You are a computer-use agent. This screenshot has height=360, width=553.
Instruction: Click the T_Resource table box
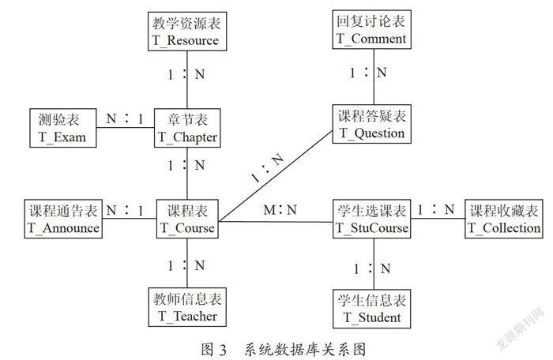click(187, 32)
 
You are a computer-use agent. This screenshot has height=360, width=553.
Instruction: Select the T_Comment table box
click(372, 30)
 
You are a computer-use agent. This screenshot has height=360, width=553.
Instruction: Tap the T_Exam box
click(62, 128)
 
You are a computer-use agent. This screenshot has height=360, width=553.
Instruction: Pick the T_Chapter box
click(187, 128)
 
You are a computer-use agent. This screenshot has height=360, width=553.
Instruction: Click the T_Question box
click(372, 124)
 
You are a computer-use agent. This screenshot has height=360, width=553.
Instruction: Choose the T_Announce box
click(63, 219)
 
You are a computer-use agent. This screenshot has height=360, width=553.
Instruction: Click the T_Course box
click(187, 219)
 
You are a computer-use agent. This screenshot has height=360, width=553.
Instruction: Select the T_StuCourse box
click(372, 219)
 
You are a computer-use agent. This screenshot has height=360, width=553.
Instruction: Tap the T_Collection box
click(504, 219)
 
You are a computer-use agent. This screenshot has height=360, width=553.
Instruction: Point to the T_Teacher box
click(187, 307)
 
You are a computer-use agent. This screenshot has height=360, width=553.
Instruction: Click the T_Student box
click(372, 309)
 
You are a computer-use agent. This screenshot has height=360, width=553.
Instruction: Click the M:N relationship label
click(280, 210)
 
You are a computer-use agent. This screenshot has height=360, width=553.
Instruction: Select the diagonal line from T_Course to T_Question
click(276, 176)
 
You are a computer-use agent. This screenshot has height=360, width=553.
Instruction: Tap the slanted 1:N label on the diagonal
click(269, 167)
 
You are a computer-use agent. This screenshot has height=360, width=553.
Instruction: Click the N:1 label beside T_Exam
click(125, 118)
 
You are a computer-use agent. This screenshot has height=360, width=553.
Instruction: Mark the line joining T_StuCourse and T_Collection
click(438, 218)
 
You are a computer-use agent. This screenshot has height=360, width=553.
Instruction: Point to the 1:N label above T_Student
click(372, 268)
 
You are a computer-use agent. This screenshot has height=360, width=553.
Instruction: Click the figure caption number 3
click(223, 350)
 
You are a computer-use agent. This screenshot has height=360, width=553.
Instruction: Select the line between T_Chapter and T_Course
click(187, 174)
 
